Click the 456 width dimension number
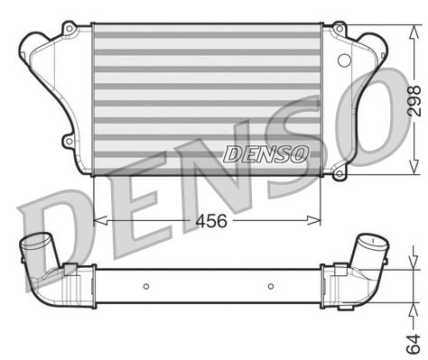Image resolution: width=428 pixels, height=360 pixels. tap(207, 219)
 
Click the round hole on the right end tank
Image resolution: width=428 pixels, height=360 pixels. tap(343, 60)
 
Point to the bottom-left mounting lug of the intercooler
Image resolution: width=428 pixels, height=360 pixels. tap(70, 141)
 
